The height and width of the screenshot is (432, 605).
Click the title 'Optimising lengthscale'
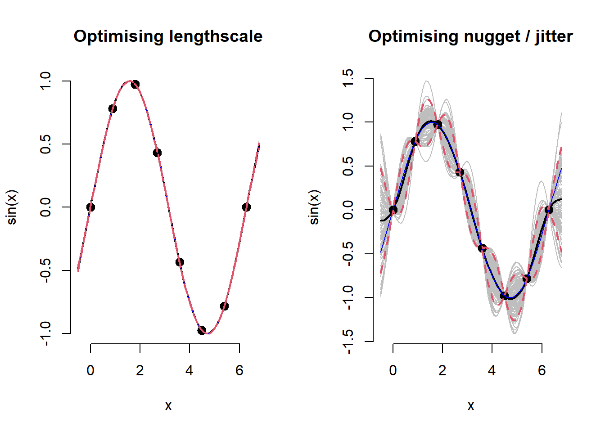click(168, 36)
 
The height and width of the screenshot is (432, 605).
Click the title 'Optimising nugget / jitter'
click(470, 36)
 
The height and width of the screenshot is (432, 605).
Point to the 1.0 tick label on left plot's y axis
click(45, 81)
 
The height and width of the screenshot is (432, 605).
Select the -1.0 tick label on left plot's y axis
click(45, 333)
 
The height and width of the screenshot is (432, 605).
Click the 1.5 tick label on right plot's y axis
click(348, 78)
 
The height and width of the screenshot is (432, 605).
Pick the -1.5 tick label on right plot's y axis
click(348, 342)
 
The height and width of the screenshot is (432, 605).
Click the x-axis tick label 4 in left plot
click(190, 370)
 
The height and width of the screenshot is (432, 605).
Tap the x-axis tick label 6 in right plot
click(542, 370)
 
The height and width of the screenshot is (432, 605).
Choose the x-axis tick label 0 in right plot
click(393, 370)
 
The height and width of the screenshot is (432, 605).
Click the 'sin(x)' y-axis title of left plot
click(12, 207)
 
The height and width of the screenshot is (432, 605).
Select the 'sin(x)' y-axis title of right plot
click(314, 207)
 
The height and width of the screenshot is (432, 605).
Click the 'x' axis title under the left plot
click(168, 406)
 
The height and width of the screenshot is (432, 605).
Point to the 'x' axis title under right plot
click(470, 406)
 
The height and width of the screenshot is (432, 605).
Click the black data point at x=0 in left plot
click(90, 207)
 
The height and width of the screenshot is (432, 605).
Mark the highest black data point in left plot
click(135, 84)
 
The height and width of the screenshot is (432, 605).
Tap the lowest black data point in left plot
click(202, 330)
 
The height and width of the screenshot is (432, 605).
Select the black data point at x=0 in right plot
click(393, 210)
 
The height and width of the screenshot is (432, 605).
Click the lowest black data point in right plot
click(504, 296)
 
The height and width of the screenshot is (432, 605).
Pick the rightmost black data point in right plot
click(549, 210)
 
